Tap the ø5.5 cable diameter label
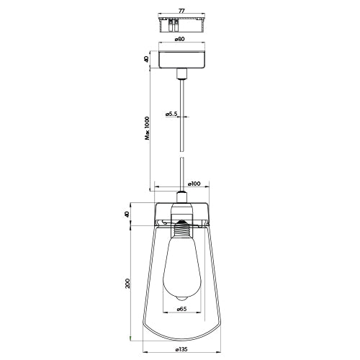pyautogui.click(x=172, y=113)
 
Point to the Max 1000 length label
pyautogui.click(x=147, y=132)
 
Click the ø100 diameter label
pyautogui.click(x=194, y=184)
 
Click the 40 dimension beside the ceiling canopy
pyautogui.click(x=147, y=59)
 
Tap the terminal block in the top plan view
pyautogui.click(x=173, y=24)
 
